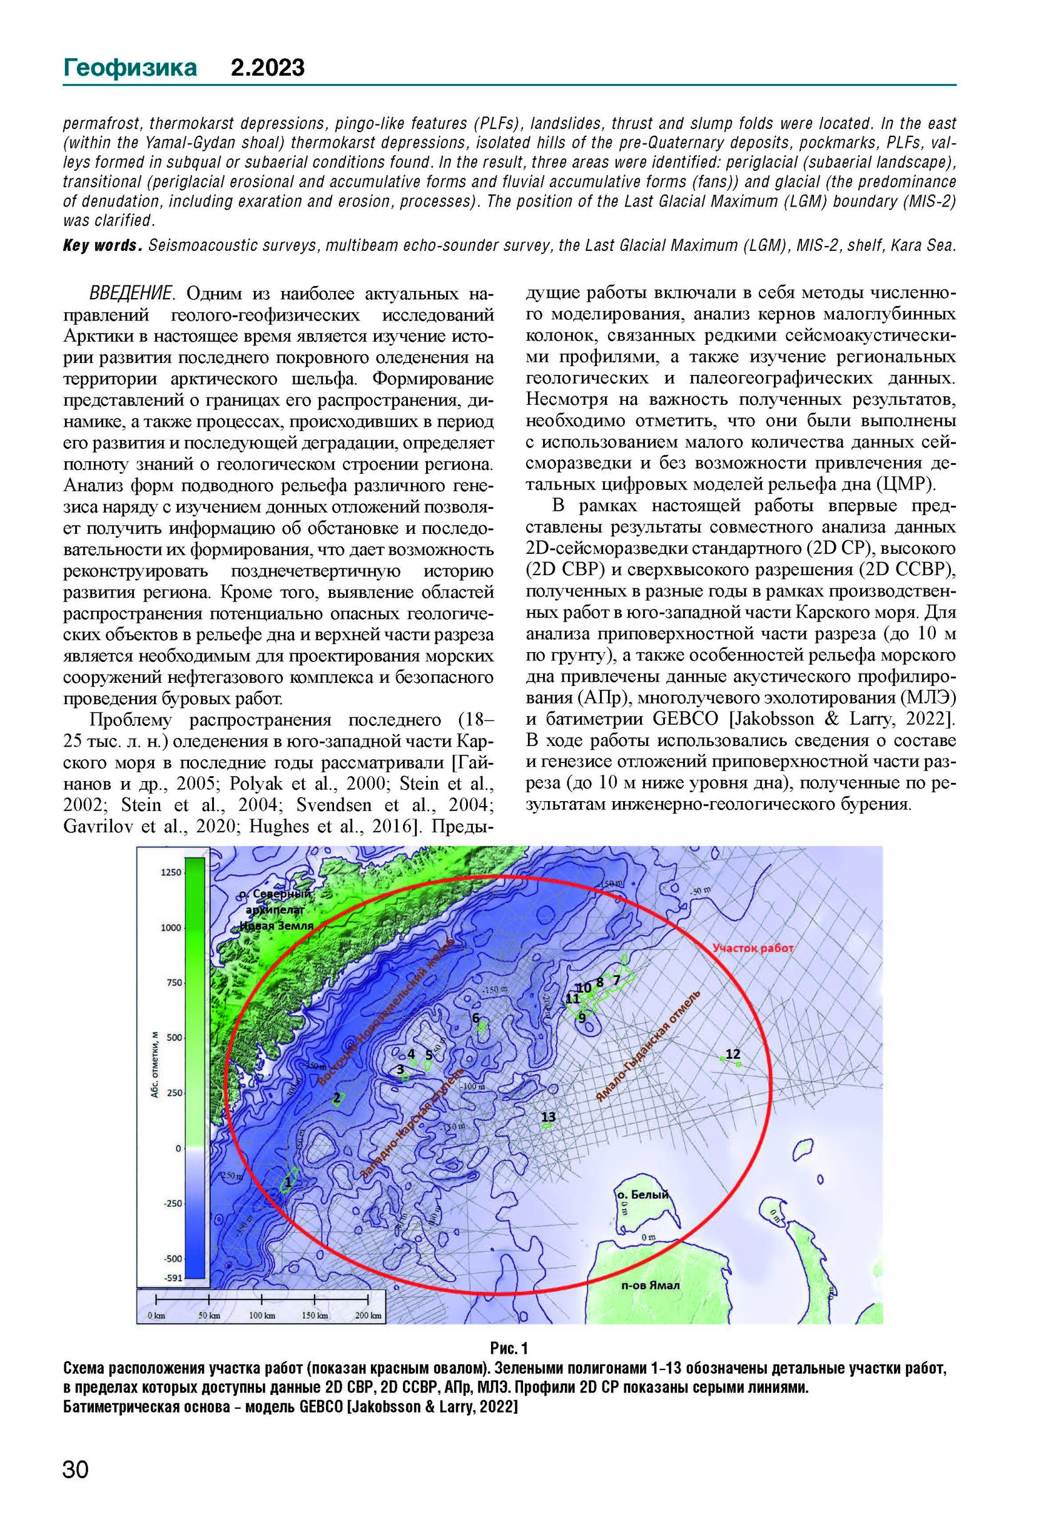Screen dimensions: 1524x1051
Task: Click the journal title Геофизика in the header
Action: coord(129,68)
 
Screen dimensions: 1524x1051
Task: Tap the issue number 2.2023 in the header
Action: coord(267,68)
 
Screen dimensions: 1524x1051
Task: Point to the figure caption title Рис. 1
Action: coord(509,1348)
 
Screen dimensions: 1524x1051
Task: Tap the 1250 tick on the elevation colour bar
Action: coord(171,873)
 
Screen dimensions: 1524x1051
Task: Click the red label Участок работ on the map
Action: coord(754,948)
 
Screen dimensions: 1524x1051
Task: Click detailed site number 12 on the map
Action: coord(733,1053)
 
